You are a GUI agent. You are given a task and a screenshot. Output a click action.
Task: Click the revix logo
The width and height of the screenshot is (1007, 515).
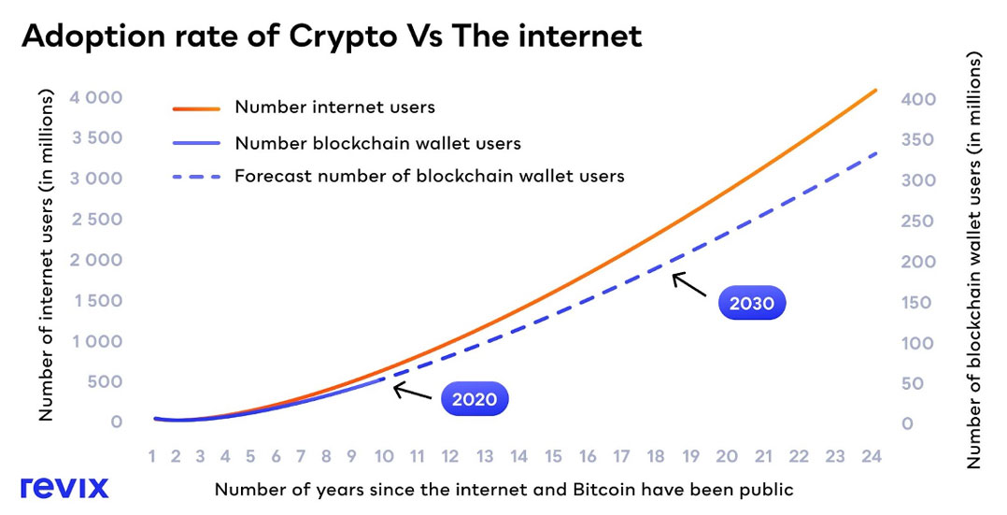click(x=64, y=487)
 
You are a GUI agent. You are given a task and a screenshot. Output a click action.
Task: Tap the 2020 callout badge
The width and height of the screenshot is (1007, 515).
click(x=475, y=400)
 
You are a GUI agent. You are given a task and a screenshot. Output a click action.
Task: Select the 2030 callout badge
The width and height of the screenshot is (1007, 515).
click(x=752, y=303)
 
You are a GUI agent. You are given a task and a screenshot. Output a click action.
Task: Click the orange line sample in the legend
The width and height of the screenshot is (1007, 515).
click(x=196, y=107)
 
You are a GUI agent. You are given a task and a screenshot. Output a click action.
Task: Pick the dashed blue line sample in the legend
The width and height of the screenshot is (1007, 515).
click(x=196, y=176)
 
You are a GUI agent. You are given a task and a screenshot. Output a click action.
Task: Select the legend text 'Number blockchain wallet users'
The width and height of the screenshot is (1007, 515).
click(x=377, y=143)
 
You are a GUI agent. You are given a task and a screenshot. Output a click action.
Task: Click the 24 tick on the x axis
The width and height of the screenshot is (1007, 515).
click(x=869, y=456)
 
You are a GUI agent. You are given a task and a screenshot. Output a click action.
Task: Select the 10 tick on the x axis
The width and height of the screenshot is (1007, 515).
click(x=383, y=456)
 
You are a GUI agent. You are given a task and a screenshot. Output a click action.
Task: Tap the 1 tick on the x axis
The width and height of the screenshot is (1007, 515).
click(x=152, y=456)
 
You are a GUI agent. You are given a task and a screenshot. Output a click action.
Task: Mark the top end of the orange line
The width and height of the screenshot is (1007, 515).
click(x=875, y=90)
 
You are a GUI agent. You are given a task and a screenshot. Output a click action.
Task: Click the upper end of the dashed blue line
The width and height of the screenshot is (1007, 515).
click(x=875, y=152)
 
